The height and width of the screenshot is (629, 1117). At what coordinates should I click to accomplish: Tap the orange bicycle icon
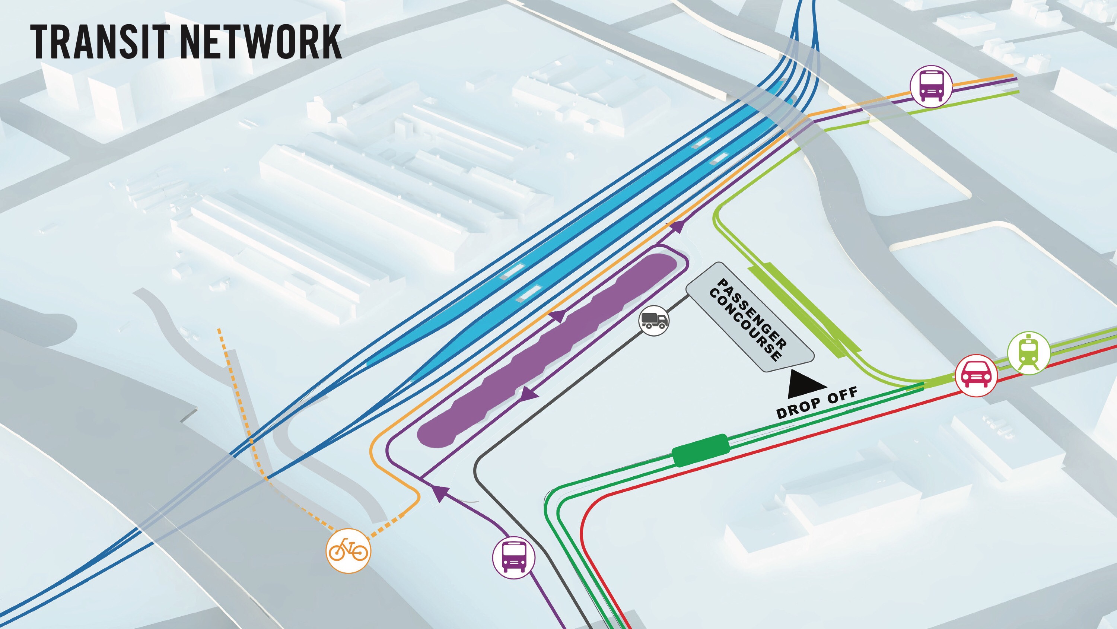click(348, 551)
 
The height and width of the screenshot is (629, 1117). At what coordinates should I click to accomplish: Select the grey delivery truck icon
click(654, 321)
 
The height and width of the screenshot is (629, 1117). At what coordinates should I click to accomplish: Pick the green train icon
click(1028, 353)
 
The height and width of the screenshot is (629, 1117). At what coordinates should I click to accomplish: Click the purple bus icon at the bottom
click(514, 557)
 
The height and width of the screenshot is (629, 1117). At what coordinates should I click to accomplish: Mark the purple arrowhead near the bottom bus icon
click(439, 494)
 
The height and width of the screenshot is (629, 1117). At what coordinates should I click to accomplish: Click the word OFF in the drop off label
click(842, 395)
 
